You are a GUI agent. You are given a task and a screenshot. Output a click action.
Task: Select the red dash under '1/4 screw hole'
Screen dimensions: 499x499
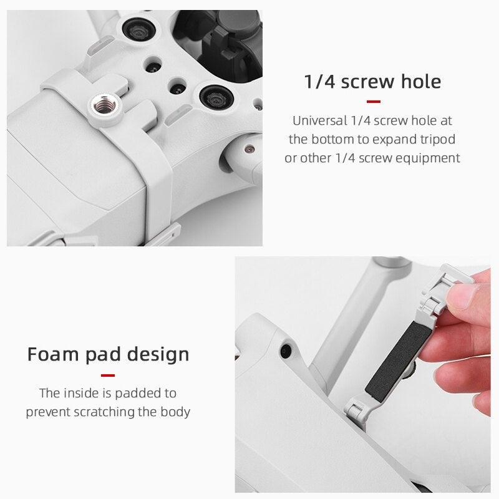pyautogui.click(x=373, y=102)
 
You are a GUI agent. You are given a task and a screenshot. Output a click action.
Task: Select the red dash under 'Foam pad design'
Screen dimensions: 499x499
pyautogui.click(x=108, y=375)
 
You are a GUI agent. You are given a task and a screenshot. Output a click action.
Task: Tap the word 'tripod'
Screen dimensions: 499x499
pyautogui.click(x=436, y=139)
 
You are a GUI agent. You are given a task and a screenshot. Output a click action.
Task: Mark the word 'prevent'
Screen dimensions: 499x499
pyautogui.click(x=46, y=412)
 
